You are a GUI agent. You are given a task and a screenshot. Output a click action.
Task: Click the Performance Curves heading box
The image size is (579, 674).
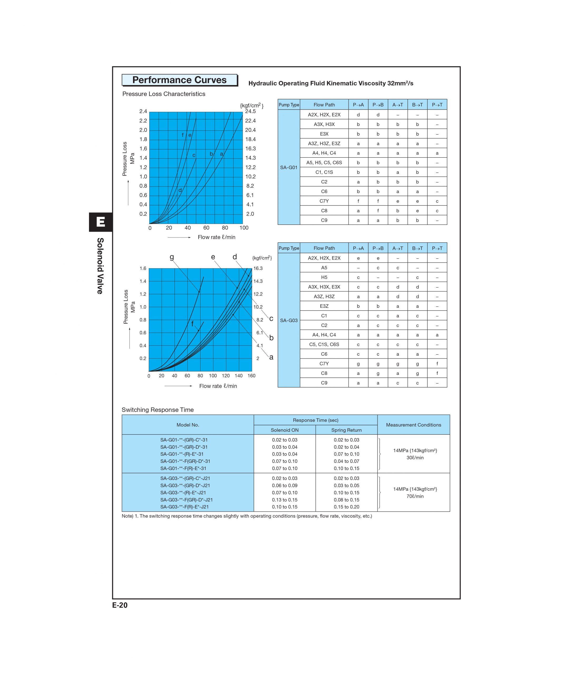179,80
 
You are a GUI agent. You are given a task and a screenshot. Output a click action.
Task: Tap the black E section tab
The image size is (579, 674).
101,222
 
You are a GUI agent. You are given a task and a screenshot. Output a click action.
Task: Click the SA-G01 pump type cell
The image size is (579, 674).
289,167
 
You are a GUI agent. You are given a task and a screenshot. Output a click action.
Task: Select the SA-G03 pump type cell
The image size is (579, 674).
289,320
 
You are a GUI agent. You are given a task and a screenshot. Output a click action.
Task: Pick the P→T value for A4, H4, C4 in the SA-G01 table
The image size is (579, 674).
437,153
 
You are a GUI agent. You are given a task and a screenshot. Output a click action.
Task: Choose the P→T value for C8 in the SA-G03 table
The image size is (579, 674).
437,373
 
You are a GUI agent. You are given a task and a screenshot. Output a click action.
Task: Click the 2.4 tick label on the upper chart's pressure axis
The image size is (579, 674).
143,111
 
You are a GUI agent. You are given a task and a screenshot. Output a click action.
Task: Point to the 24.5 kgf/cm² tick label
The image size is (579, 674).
250,111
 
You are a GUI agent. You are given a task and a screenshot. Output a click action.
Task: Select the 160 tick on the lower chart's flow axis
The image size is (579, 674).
251,376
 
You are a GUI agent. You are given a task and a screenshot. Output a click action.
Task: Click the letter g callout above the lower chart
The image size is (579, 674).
172,257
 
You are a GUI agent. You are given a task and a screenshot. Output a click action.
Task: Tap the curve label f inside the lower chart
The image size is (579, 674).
192,324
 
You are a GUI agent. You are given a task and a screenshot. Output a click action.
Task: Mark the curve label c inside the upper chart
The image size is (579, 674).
194,155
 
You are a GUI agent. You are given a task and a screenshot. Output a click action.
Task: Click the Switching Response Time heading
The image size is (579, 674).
158,410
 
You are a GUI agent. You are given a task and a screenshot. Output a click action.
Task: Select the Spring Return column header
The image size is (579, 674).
346,430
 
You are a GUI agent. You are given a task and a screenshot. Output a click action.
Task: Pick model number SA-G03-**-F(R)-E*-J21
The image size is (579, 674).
185,507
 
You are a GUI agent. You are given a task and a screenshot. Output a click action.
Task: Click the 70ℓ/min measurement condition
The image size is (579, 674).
415,496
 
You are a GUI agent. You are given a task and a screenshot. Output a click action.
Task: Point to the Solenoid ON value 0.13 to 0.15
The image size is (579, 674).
284,500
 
